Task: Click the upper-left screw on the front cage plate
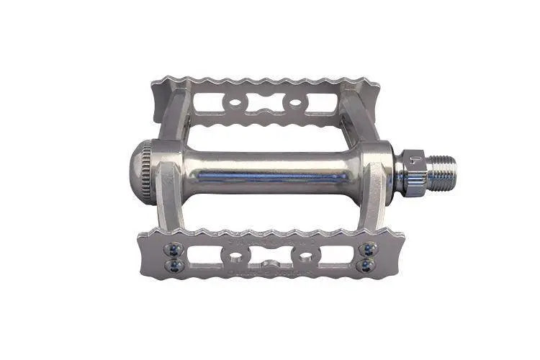(174, 249)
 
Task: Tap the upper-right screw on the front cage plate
(368, 249)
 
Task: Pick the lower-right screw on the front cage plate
(368, 265)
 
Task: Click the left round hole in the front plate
(234, 256)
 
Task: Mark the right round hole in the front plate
(306, 256)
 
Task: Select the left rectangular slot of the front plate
(204, 255)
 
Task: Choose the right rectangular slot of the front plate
(337, 255)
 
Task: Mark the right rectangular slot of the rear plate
(322, 102)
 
